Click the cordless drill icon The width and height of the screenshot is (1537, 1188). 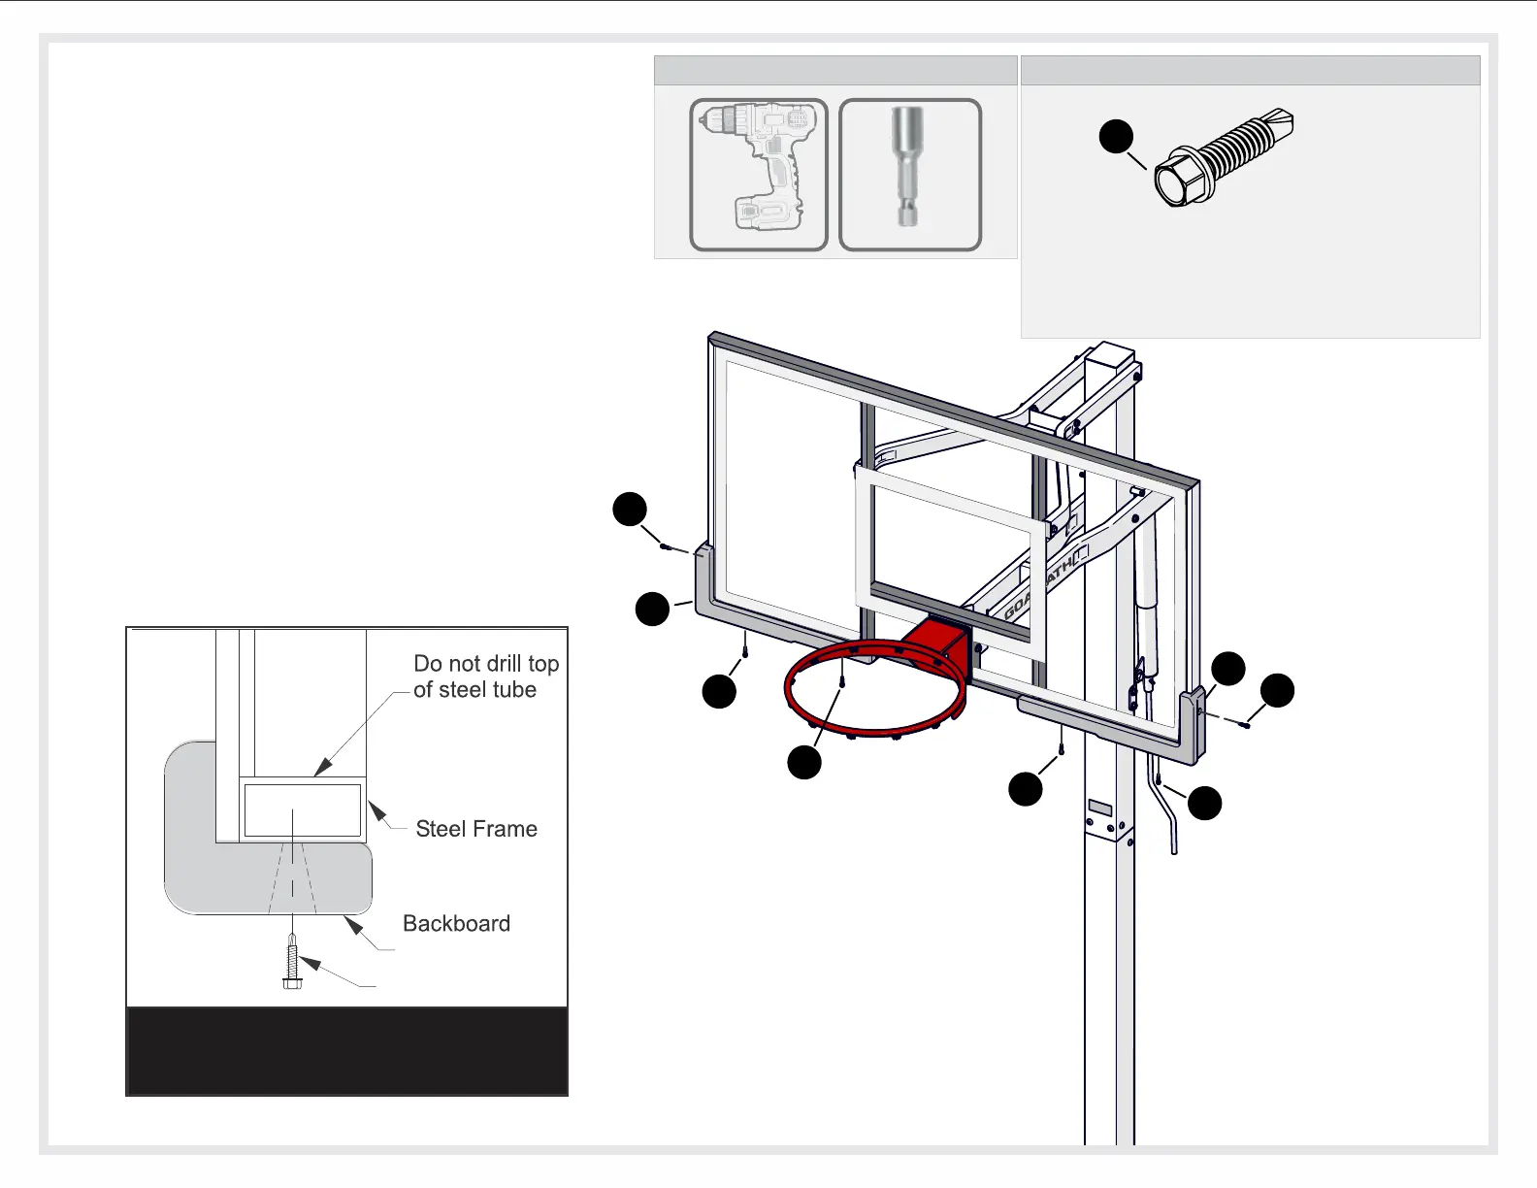pos(758,175)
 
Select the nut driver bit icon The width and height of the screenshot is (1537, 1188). pos(909,175)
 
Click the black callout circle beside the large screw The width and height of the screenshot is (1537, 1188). pos(1116,136)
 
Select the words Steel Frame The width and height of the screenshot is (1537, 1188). pos(475,829)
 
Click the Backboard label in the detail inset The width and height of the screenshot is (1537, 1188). pos(456,923)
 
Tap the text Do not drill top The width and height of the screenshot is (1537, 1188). pos(485,664)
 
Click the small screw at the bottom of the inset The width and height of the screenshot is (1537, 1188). pos(290,963)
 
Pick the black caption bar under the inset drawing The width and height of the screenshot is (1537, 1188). pos(346,1051)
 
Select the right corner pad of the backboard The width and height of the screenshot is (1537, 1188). pos(1194,728)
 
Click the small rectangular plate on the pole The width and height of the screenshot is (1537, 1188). pos(1099,808)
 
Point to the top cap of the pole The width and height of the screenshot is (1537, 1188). pos(1109,353)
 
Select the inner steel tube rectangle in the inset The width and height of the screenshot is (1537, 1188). pos(302,809)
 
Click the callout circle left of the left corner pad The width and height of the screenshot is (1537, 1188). pos(652,609)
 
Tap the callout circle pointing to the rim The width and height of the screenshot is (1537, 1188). pos(803,762)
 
